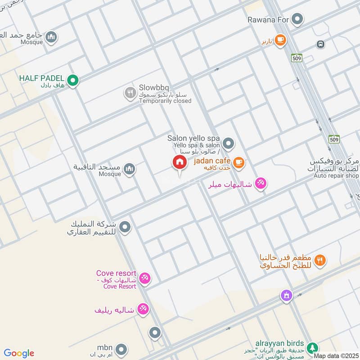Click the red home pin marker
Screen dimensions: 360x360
(179, 163)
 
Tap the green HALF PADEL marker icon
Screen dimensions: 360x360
(74, 81)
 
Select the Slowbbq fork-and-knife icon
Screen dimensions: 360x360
(130, 93)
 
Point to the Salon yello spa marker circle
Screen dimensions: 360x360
(229, 144)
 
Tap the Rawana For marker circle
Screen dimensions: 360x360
(297, 19)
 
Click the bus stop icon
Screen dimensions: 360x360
(321, 45)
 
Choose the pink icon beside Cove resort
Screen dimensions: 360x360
(144, 279)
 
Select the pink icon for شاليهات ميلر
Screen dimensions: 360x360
(260, 184)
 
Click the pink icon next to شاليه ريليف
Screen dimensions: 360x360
(144, 309)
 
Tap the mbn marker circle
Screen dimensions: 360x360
(121, 349)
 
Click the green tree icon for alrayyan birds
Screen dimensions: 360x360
(311, 348)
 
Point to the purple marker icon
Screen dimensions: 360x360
(286, 296)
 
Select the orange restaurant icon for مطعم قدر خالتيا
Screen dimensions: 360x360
(320, 260)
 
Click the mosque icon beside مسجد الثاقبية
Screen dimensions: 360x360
(130, 169)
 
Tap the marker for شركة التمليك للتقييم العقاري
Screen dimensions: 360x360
(126, 227)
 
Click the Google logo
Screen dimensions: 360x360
(18, 353)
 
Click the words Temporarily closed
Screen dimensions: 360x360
(165, 101)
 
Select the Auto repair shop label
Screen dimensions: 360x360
(336, 175)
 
